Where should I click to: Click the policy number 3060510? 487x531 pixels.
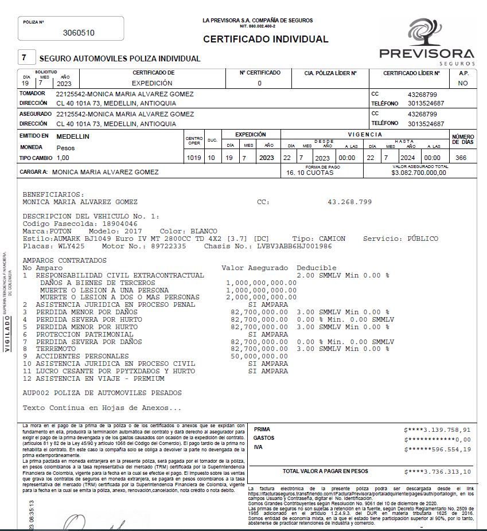click(x=79, y=33)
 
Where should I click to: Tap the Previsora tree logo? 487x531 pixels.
click(x=425, y=33)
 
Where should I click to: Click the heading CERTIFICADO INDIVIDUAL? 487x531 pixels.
click(x=266, y=40)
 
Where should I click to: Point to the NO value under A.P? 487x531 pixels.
click(x=463, y=83)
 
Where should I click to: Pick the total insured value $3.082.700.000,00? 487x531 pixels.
click(x=418, y=173)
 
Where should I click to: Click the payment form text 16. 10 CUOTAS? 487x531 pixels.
click(x=310, y=173)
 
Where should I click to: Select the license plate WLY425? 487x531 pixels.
click(x=71, y=246)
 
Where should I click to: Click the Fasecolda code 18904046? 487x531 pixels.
click(x=113, y=224)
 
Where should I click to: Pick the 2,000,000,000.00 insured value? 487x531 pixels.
click(x=261, y=297)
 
